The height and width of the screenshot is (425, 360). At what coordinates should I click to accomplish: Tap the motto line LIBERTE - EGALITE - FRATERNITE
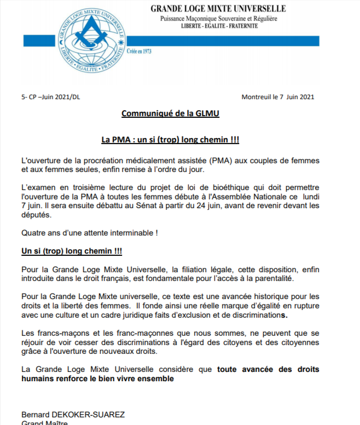(x=218, y=26)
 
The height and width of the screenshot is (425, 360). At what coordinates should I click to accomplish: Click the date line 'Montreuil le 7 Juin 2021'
(x=278, y=97)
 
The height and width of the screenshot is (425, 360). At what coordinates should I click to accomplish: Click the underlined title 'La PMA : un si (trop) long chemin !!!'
(x=170, y=140)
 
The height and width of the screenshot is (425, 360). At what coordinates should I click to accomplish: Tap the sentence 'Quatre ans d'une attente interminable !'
(x=90, y=232)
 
